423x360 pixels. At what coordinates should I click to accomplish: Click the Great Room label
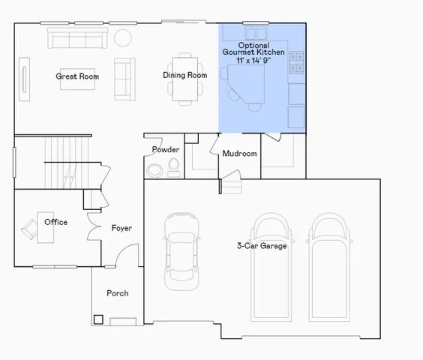77,76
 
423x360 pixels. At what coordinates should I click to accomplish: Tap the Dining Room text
185,75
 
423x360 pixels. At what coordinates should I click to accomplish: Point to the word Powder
165,149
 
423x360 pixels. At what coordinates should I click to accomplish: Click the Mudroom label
239,154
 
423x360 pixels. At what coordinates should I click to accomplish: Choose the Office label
55,222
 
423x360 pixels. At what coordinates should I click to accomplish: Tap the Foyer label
122,228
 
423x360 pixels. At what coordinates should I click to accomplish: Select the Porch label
117,293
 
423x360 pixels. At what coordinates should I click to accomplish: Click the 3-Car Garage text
262,245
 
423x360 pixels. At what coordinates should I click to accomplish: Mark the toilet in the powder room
174,166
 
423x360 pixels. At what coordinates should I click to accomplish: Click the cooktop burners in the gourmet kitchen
296,61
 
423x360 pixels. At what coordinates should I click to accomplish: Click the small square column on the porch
98,319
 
